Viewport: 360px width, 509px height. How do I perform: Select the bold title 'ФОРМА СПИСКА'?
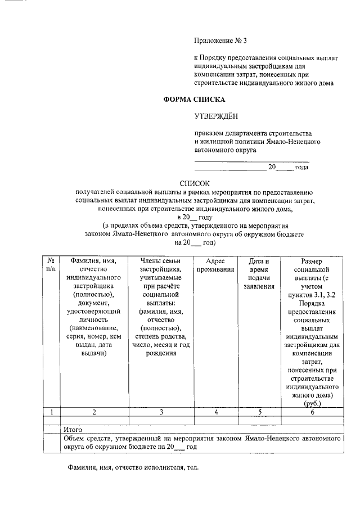[193, 100]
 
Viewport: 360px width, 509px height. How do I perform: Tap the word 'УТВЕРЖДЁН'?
[216, 116]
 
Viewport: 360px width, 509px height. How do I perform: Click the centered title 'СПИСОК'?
[194, 183]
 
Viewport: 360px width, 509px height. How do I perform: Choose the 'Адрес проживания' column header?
[216, 265]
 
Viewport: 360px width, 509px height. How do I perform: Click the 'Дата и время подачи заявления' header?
[259, 273]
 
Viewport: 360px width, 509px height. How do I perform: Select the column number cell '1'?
[51, 412]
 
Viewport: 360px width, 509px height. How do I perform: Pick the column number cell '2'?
[94, 412]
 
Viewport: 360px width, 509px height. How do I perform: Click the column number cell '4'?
[216, 412]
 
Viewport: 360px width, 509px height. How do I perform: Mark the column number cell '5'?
[259, 412]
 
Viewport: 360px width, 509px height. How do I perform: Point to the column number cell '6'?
[312, 412]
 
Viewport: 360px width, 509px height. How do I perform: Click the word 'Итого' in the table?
[73, 429]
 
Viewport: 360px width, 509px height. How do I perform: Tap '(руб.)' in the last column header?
[312, 404]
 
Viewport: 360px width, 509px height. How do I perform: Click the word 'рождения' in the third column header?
[160, 353]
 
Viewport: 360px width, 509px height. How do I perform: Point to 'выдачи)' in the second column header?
[94, 353]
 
